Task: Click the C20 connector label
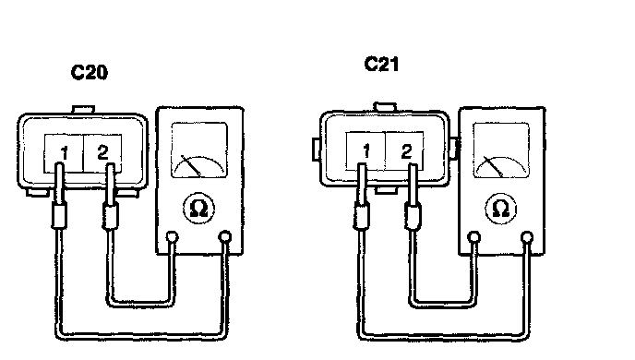tap(90, 73)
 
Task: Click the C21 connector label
tap(381, 64)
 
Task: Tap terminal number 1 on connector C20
tap(64, 153)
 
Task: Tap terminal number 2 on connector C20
tap(102, 152)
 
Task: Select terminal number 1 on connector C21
tap(366, 151)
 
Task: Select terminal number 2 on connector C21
tap(406, 151)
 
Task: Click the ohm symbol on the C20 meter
tap(198, 209)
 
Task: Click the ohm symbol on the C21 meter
tap(501, 209)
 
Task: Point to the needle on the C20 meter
tap(191, 165)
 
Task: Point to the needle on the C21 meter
tap(493, 166)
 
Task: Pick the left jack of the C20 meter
tap(172, 237)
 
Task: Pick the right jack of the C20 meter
tap(225, 236)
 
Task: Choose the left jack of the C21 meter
tap(473, 237)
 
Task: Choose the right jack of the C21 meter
tap(527, 237)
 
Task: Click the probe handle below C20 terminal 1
tap(59, 216)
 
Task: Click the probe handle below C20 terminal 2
tap(110, 216)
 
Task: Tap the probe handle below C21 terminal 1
tap(361, 216)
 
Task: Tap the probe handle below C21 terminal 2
tap(413, 217)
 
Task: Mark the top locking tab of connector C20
tap(83, 110)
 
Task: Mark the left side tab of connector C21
tap(317, 149)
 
